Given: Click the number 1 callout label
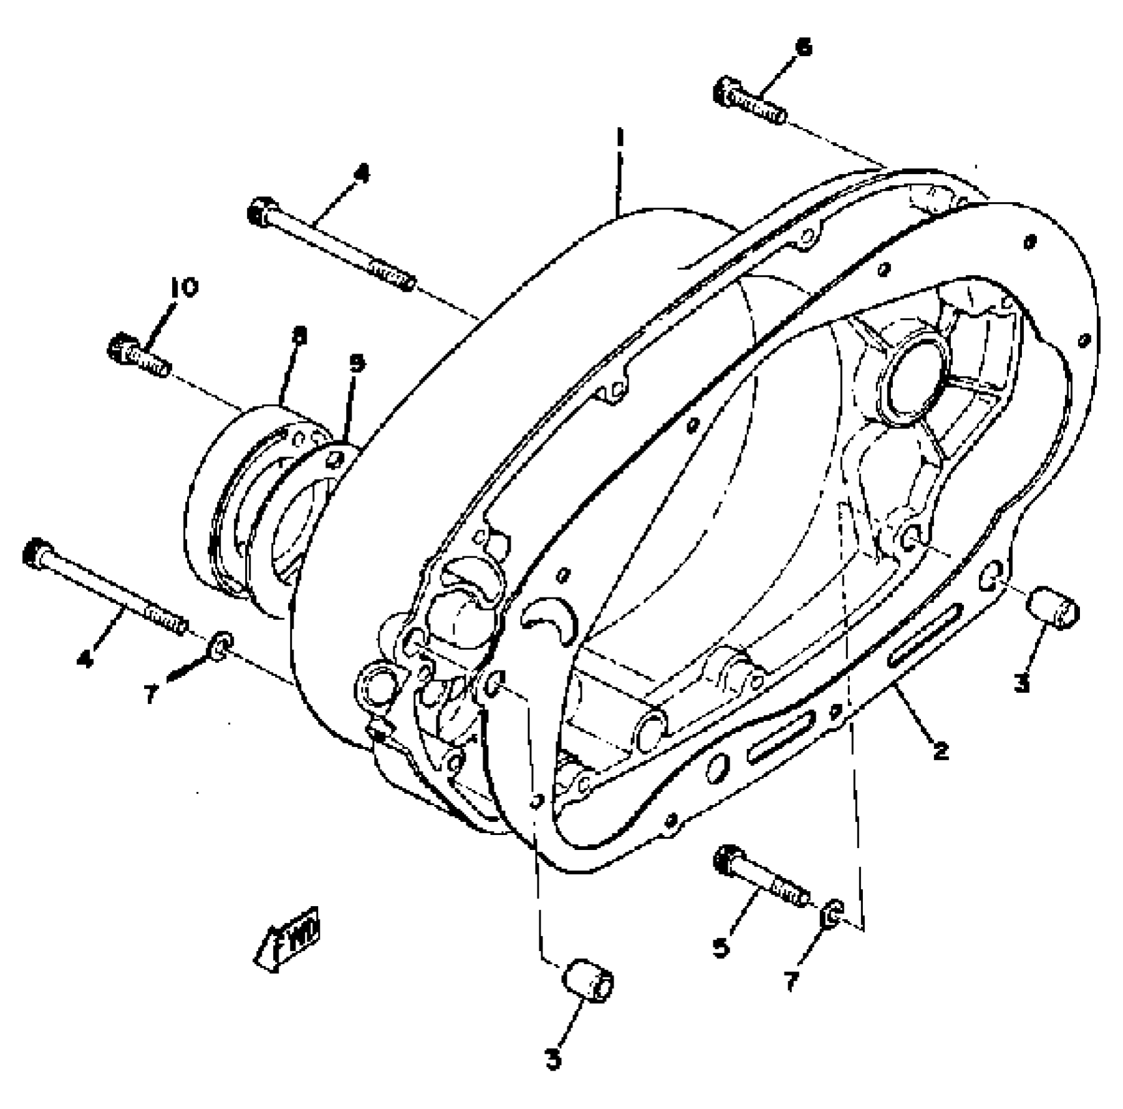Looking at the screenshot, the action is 620,140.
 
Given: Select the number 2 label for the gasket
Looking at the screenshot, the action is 940,751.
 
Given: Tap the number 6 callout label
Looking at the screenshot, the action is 804,48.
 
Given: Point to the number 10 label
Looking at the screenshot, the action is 185,288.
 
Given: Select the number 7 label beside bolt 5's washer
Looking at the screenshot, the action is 792,980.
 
